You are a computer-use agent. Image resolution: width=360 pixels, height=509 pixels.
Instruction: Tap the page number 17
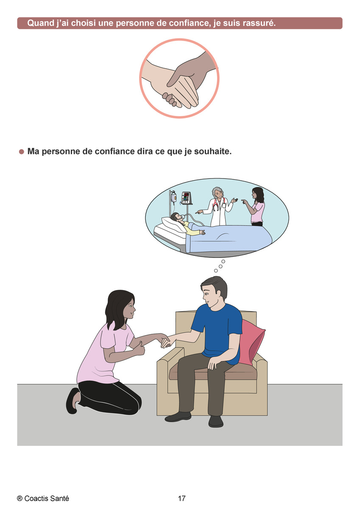pos(181,498)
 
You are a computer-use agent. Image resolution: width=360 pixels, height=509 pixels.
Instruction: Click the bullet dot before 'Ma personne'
pos(22,151)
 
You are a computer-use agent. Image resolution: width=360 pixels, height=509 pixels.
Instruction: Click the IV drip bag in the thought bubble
pos(173,197)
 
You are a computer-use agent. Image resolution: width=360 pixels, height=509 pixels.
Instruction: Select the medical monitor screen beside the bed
pos(186,198)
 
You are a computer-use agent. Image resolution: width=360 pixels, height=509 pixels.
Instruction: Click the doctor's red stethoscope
pos(217,205)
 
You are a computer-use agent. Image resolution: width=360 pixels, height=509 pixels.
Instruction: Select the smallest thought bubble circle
pos(216,271)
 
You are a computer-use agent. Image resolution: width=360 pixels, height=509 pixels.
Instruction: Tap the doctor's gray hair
pos(218,191)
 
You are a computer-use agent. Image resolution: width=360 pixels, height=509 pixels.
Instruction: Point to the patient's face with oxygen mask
pos(178,217)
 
